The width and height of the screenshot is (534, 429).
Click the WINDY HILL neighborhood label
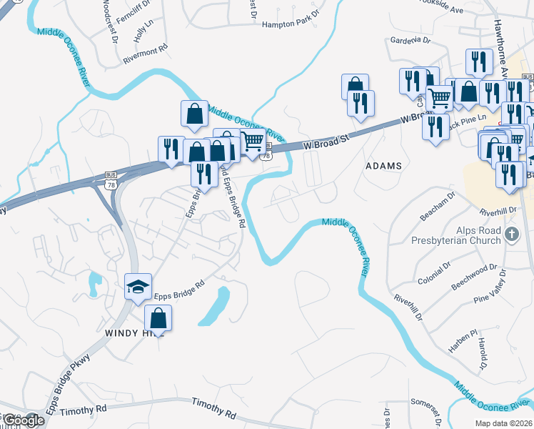(129, 333)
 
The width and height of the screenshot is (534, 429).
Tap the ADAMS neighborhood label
(383, 166)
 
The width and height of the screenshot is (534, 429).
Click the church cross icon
(511, 235)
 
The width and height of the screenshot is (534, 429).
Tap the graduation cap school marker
(138, 287)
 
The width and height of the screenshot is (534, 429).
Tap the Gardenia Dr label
(410, 41)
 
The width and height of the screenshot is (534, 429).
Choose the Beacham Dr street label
(438, 202)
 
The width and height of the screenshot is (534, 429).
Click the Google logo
(23, 420)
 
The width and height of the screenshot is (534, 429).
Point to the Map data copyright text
(503, 423)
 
